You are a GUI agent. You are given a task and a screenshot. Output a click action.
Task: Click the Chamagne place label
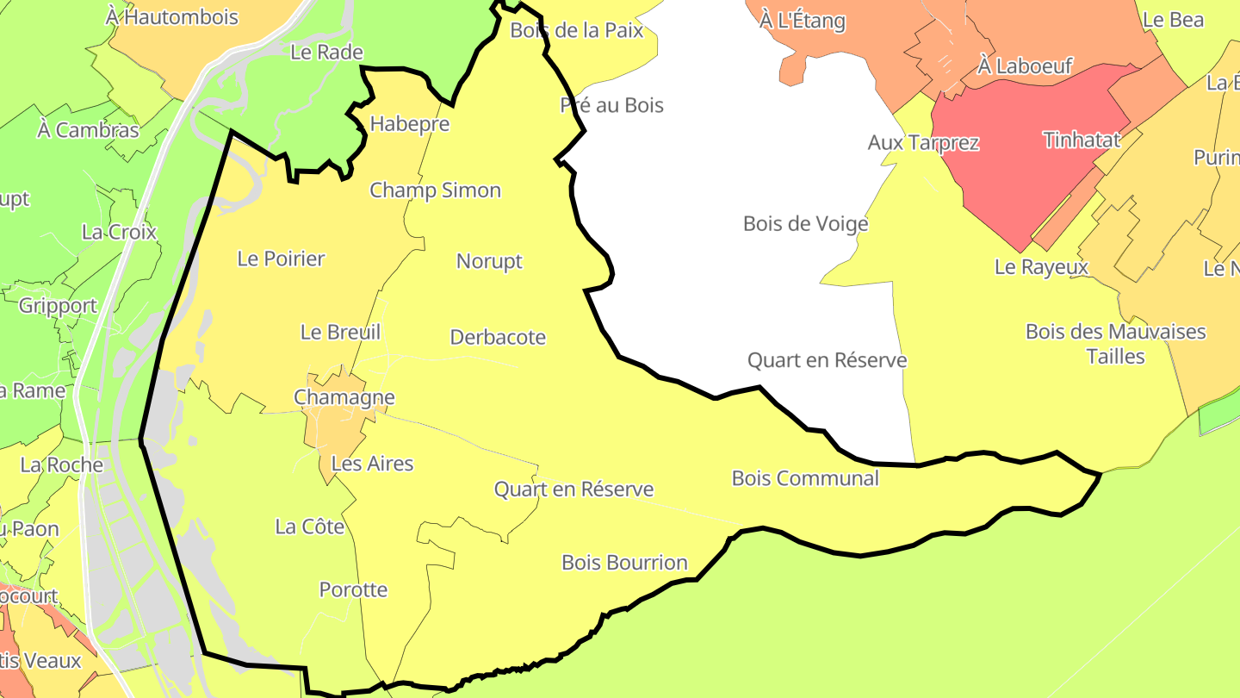click(344, 397)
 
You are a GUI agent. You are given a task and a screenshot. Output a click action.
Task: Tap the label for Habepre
click(410, 124)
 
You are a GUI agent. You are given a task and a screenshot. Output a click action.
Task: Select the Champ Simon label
click(435, 190)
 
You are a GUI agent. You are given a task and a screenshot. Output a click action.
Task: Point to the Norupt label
click(489, 261)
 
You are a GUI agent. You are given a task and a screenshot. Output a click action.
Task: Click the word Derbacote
click(498, 337)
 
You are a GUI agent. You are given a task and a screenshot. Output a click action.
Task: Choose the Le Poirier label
click(281, 259)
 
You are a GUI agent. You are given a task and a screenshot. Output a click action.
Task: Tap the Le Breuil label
click(340, 332)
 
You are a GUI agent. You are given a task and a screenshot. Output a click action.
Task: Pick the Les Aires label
click(372, 464)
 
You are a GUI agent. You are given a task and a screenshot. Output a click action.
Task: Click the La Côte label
click(310, 527)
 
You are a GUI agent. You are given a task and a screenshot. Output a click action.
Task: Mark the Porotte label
click(353, 590)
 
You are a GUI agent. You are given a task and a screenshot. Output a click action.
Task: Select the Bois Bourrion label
click(624, 563)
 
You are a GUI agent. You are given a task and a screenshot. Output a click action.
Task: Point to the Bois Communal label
click(805, 478)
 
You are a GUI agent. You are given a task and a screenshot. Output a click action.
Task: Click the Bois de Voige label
click(805, 224)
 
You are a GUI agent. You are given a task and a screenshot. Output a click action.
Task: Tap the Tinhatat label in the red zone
click(1082, 140)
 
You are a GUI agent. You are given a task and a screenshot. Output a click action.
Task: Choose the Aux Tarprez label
click(923, 142)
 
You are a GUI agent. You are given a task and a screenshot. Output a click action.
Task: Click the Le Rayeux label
click(1041, 267)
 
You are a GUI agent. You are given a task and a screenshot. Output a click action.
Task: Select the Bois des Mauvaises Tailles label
click(1115, 344)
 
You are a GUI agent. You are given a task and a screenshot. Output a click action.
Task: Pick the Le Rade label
click(326, 52)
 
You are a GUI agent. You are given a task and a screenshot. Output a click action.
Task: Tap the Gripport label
click(58, 306)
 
